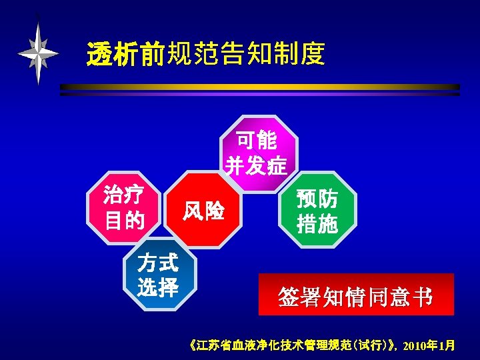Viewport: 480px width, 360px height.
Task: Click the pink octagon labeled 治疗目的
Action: coord(125,206)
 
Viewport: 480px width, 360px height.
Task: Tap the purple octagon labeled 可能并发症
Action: coord(257,153)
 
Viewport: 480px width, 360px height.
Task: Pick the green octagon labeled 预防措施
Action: coord(317,211)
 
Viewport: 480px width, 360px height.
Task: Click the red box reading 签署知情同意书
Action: coord(356,294)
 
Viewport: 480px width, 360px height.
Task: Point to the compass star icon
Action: coord(39,53)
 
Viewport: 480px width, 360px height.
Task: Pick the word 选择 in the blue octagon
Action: coord(158,288)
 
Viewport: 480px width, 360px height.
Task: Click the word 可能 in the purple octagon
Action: coord(257,141)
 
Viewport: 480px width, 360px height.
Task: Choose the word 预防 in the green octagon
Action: coord(317,199)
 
